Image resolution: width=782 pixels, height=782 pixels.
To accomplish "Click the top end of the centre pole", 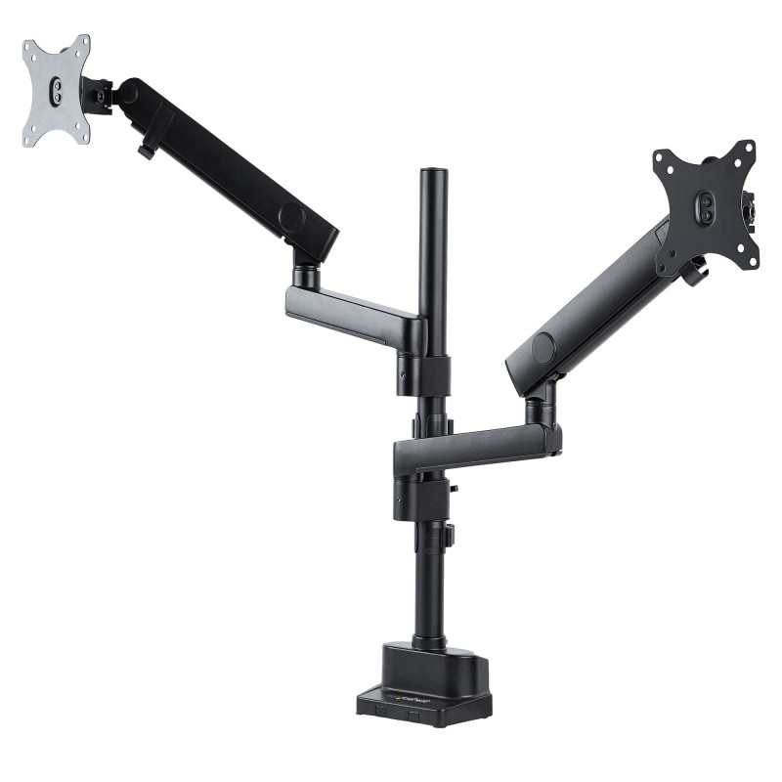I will [433, 175].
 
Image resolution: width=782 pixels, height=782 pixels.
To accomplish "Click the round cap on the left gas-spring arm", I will [290, 216].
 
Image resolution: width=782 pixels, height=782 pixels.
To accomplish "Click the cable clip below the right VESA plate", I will [695, 275].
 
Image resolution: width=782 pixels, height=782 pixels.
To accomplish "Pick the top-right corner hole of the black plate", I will [749, 148].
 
